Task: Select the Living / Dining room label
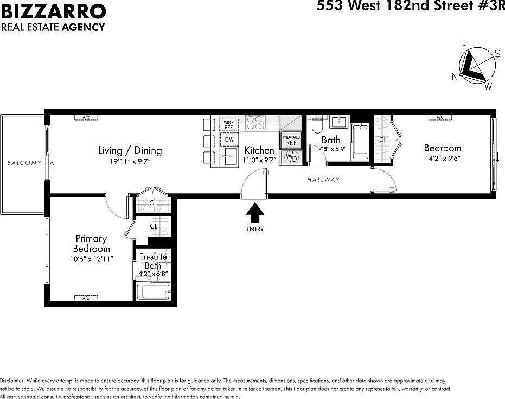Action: [x=130, y=150]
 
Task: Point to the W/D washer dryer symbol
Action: [x=291, y=158]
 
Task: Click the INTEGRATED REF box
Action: [x=291, y=141]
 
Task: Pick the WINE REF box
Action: [x=229, y=125]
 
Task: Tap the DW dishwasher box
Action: [x=229, y=140]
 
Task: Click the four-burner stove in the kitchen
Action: [x=255, y=123]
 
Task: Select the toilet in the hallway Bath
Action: [x=317, y=125]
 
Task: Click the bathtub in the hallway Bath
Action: [x=360, y=142]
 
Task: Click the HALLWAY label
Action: [x=323, y=180]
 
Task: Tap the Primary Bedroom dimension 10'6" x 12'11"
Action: [x=92, y=259]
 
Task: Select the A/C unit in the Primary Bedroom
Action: [x=85, y=298]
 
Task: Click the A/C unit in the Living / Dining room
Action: [x=85, y=117]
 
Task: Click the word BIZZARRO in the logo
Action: [x=53, y=10]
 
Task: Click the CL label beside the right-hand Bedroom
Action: [x=383, y=140]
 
